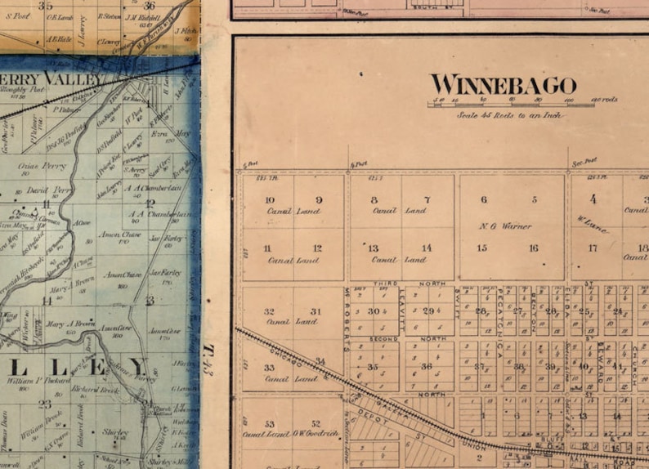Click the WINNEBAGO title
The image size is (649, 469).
(503, 85)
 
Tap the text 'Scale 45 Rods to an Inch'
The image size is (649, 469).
(511, 114)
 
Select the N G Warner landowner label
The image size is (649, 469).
(506, 226)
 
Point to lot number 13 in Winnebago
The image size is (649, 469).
(373, 248)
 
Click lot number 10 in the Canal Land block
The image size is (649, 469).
(270, 200)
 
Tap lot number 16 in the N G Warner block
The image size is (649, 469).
(533, 248)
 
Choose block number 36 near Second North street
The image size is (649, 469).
(426, 367)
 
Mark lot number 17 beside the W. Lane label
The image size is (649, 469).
(593, 248)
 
